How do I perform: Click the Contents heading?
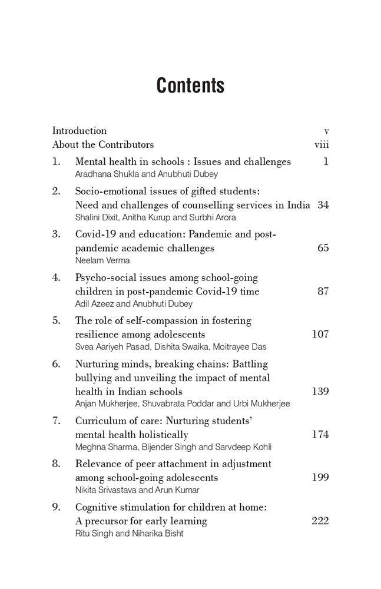tap(190, 86)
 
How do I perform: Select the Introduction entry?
tap(79, 131)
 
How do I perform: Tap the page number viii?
tap(322, 144)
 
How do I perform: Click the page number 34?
tap(323, 205)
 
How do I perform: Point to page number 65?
tap(323, 248)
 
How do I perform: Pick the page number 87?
tap(323, 291)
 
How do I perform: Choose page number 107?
tap(320, 334)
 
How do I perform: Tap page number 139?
tap(320, 391)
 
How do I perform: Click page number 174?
tap(320, 435)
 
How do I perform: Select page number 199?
tap(320, 478)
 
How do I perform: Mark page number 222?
tap(320, 521)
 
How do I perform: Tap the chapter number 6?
tap(56, 363)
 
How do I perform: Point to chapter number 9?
tap(56, 507)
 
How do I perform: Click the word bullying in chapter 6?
tap(93, 378)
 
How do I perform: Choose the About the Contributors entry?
tap(103, 144)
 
